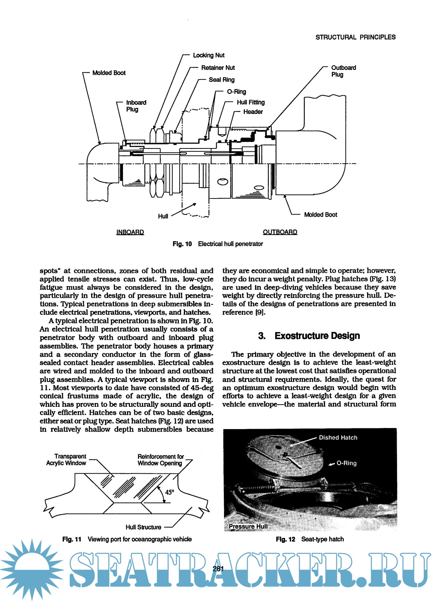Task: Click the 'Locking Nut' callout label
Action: point(208,55)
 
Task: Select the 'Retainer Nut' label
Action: point(218,68)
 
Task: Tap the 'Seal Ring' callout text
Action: point(222,80)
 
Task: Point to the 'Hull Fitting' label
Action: point(251,103)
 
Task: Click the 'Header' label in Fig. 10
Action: point(253,112)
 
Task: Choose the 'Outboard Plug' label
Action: point(343,71)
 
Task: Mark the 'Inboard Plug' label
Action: point(136,106)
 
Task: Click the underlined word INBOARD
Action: point(130,232)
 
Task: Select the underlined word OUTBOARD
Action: point(280,232)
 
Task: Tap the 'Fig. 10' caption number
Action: point(182,244)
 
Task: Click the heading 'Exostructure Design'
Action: point(317,336)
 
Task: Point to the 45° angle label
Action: point(170,492)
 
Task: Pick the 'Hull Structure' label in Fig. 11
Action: point(143,527)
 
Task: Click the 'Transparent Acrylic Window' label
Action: point(66,460)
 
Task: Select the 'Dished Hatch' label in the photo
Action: point(338,438)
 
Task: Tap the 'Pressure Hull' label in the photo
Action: point(248,526)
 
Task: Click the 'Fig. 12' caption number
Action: point(285,539)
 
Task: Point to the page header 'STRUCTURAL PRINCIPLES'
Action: point(355,37)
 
